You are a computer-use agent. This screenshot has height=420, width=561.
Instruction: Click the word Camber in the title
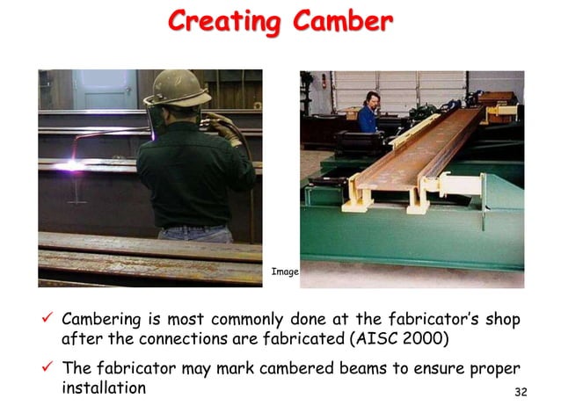[x=338, y=22]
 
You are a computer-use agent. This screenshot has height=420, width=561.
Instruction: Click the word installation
[x=104, y=387]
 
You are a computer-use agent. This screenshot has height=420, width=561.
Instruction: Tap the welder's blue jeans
[x=195, y=234]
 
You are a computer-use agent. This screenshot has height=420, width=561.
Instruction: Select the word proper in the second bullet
[x=492, y=368]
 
